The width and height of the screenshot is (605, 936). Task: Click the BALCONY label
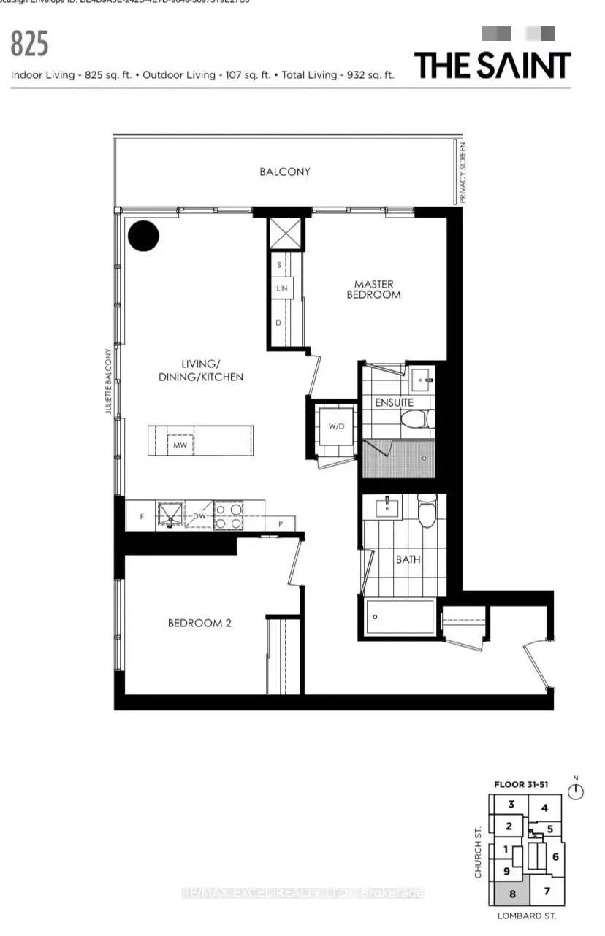(x=284, y=172)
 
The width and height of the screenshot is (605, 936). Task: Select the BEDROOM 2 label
(x=199, y=623)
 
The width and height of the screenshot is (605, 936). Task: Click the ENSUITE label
(x=395, y=402)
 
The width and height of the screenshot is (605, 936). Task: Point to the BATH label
(x=407, y=560)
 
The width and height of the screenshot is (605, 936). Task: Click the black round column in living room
(x=143, y=235)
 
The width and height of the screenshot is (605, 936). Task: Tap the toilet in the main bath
(x=427, y=509)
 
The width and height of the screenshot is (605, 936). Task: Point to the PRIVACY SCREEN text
(x=462, y=173)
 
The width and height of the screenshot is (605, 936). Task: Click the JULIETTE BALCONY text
(x=108, y=381)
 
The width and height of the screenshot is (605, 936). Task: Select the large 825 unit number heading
(x=29, y=44)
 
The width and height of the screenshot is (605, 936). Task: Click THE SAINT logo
(x=492, y=64)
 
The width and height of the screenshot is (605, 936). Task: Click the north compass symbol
(x=577, y=791)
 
